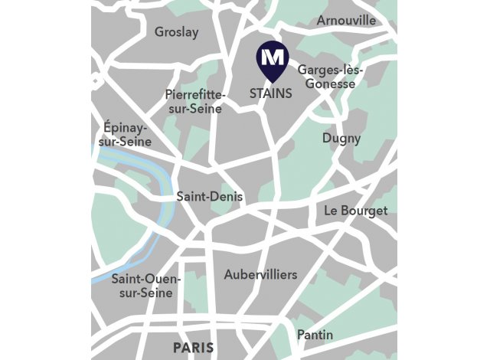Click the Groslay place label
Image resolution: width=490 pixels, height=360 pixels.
pos(176,32)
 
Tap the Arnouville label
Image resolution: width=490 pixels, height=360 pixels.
pos(346,20)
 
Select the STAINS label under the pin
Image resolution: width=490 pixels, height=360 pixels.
pos(270,93)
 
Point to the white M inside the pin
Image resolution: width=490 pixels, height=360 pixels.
pos(270,56)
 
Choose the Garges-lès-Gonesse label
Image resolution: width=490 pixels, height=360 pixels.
pos(330,76)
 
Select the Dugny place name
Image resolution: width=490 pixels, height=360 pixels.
pos(341,139)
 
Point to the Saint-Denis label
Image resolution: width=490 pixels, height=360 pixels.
pos(209,197)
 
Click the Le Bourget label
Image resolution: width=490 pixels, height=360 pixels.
pos(355,210)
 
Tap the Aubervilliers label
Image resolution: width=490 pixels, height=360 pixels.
pos(260,274)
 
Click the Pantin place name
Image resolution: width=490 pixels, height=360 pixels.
pos(315,335)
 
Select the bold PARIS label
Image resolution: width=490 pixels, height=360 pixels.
pos(193,348)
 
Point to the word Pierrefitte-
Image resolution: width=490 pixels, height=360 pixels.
pos(195,93)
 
